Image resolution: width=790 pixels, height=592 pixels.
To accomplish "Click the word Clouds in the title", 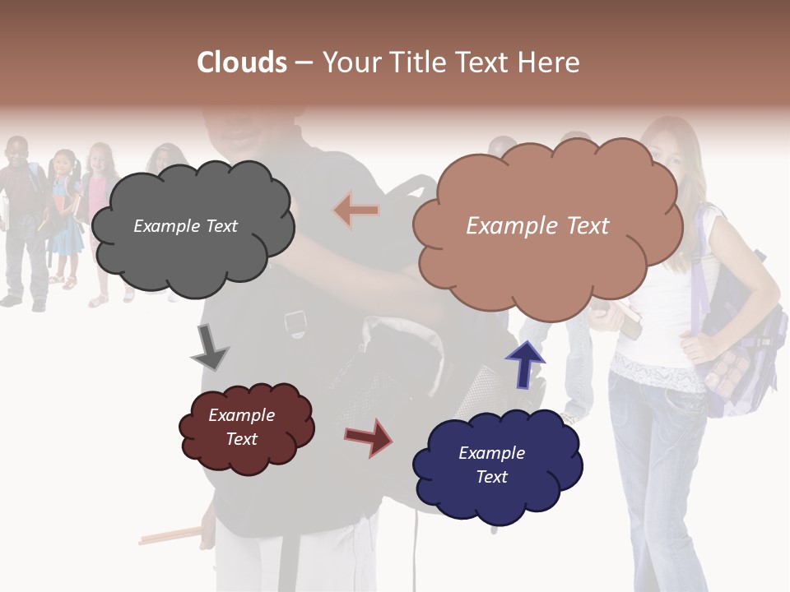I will click(x=242, y=62).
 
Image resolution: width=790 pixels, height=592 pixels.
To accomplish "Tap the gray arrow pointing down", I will click(x=210, y=348).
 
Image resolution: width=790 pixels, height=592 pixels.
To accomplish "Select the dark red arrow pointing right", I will click(x=368, y=437).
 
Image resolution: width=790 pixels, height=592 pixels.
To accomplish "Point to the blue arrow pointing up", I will click(x=525, y=363).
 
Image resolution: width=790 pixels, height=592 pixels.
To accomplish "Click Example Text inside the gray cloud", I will click(x=185, y=226).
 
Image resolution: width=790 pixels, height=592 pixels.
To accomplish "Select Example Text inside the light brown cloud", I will click(x=537, y=226).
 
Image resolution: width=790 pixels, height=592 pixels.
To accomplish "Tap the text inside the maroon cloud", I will click(x=242, y=427).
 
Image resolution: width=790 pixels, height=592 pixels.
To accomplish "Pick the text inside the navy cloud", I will click(x=491, y=465).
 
